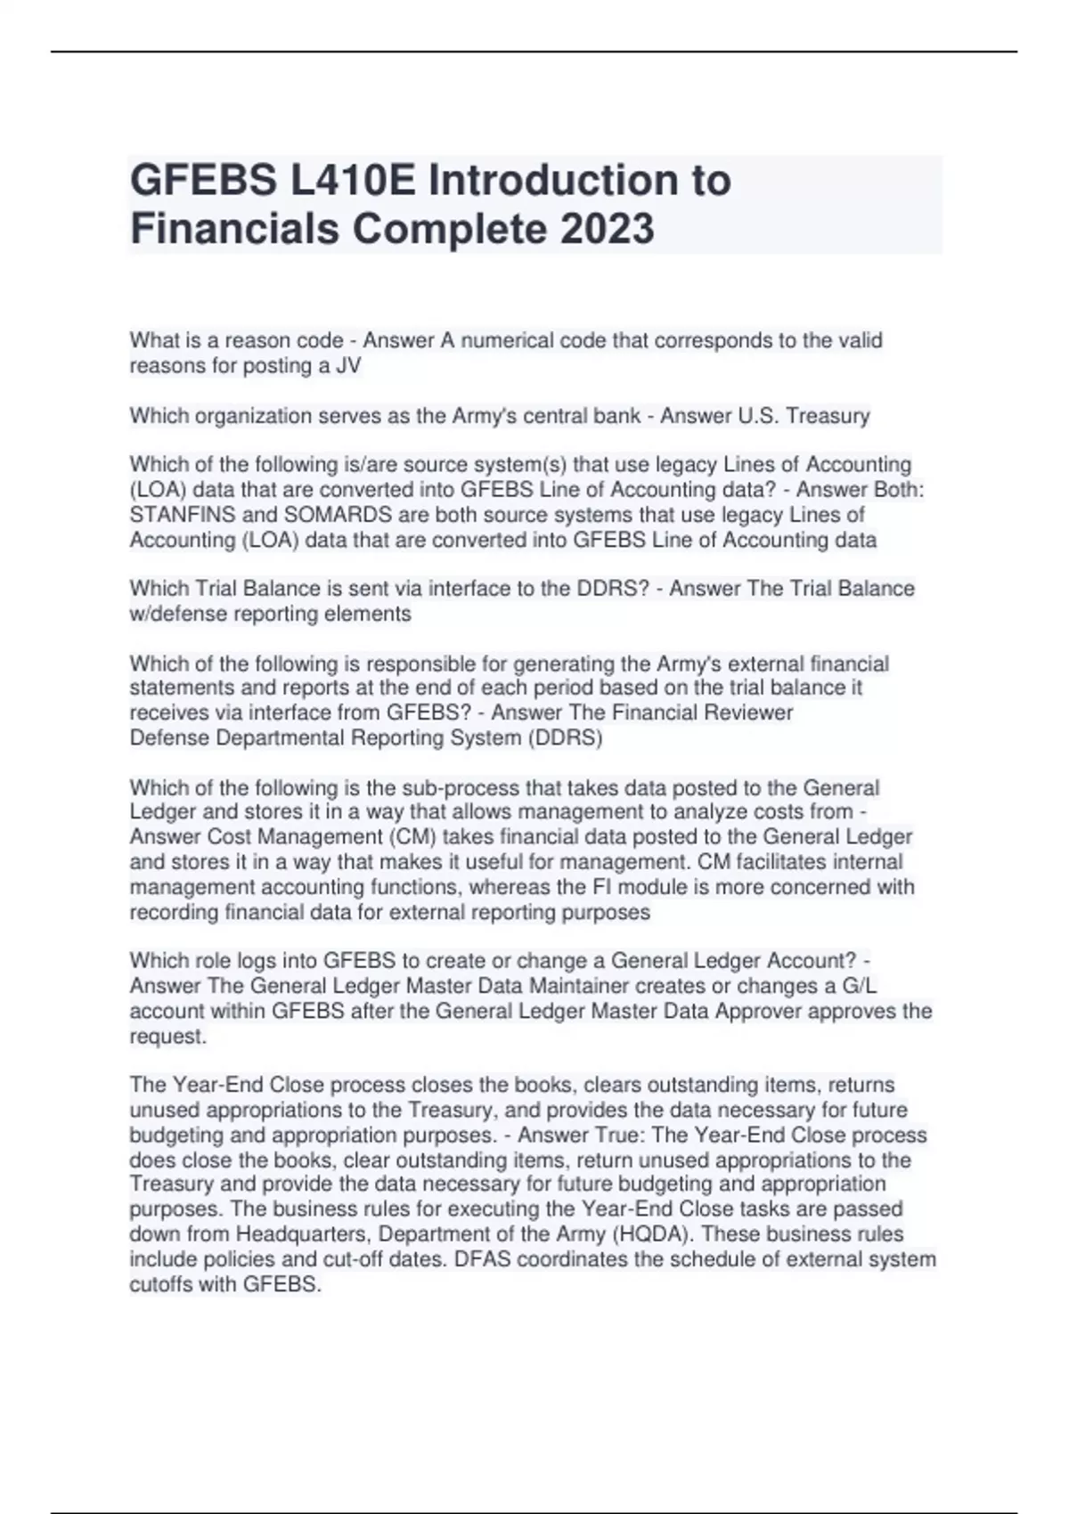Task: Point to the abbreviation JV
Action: pyautogui.click(x=348, y=366)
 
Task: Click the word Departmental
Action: pyautogui.click(x=281, y=737)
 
